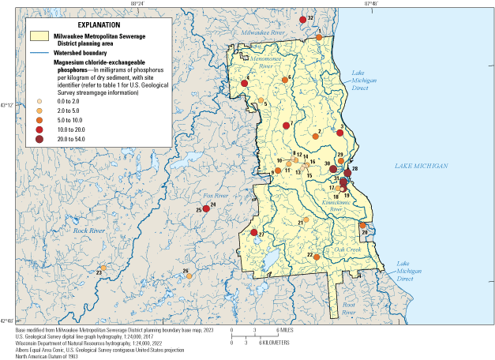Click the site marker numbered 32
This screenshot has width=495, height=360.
(303, 19)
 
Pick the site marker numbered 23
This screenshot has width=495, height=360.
(103, 268)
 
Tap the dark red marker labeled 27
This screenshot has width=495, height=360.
(254, 234)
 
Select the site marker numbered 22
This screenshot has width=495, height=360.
(316, 257)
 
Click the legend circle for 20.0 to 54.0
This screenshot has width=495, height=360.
(38, 139)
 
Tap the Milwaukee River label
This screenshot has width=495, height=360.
(263, 33)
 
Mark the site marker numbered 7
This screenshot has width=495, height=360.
(286, 126)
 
